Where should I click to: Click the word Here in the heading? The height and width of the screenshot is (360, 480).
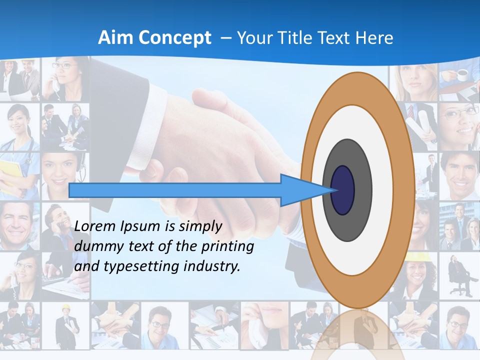[374, 38]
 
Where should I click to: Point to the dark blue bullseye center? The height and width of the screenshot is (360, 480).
[343, 190]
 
